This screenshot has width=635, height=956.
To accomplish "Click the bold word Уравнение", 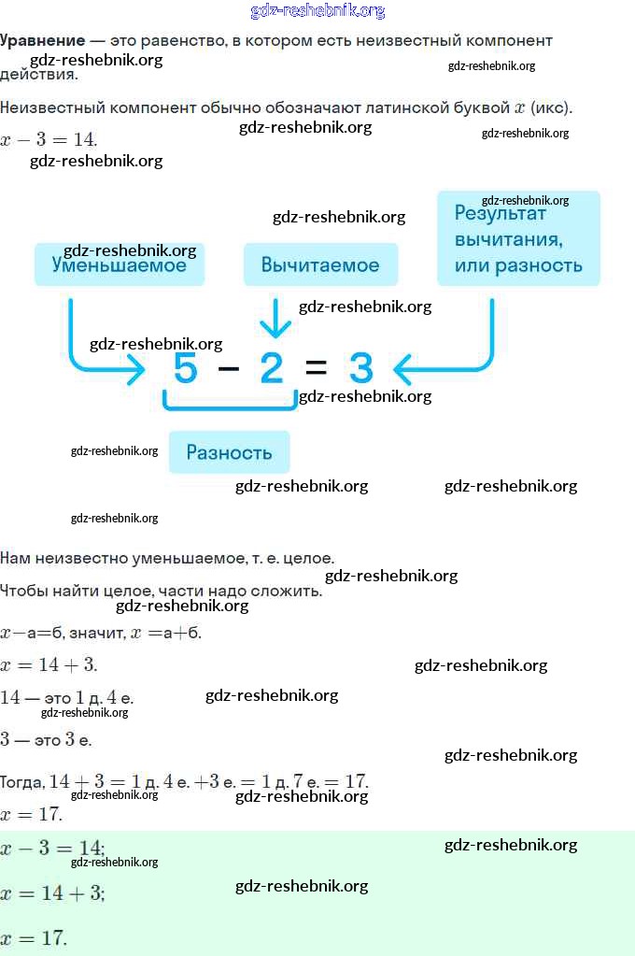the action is pyautogui.click(x=43, y=41).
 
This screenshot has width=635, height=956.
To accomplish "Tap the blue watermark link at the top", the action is pyautogui.click(x=317, y=11).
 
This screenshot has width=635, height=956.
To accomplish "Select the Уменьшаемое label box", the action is pyautogui.click(x=120, y=264).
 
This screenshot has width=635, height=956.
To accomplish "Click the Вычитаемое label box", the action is pyautogui.click(x=320, y=264).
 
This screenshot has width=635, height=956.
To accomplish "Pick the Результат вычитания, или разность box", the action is pyautogui.click(x=518, y=238).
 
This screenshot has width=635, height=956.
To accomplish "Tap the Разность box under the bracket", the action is pyautogui.click(x=229, y=452).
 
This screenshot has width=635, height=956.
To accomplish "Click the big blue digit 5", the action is pyautogui.click(x=186, y=367).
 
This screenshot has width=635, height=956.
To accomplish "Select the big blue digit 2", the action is pyautogui.click(x=272, y=367).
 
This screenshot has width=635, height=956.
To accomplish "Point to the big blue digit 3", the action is pyautogui.click(x=360, y=367).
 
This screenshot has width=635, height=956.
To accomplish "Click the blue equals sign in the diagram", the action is pyautogui.click(x=316, y=367).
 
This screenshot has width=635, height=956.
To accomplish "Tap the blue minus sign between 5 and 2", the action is pyautogui.click(x=229, y=367).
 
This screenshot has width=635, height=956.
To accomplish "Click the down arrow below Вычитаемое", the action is pyautogui.click(x=275, y=318).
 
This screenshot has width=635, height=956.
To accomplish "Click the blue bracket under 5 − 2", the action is pyautogui.click(x=230, y=407).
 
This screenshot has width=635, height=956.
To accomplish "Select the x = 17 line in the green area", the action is pyautogui.click(x=34, y=937).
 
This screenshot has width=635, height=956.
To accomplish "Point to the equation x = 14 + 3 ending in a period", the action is pyautogui.click(x=49, y=664).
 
